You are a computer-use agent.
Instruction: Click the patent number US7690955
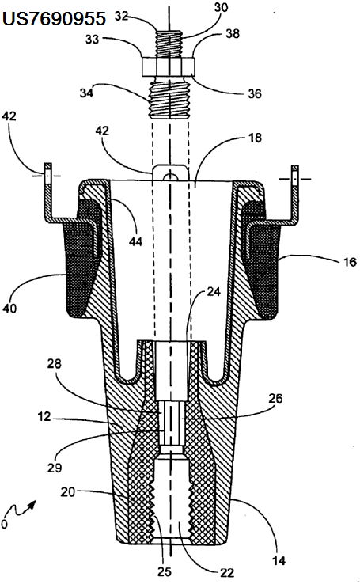coord(54,19)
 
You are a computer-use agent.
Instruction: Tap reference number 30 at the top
coord(221,7)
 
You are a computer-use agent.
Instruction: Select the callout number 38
coord(233,33)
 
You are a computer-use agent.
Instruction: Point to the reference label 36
coord(255,93)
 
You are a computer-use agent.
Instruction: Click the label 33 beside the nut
coord(92,39)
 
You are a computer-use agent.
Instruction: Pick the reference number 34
coord(86,93)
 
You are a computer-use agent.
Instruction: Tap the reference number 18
coord(256,138)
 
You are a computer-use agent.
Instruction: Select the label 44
coord(135,241)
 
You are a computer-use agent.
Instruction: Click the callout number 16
coord(350,262)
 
